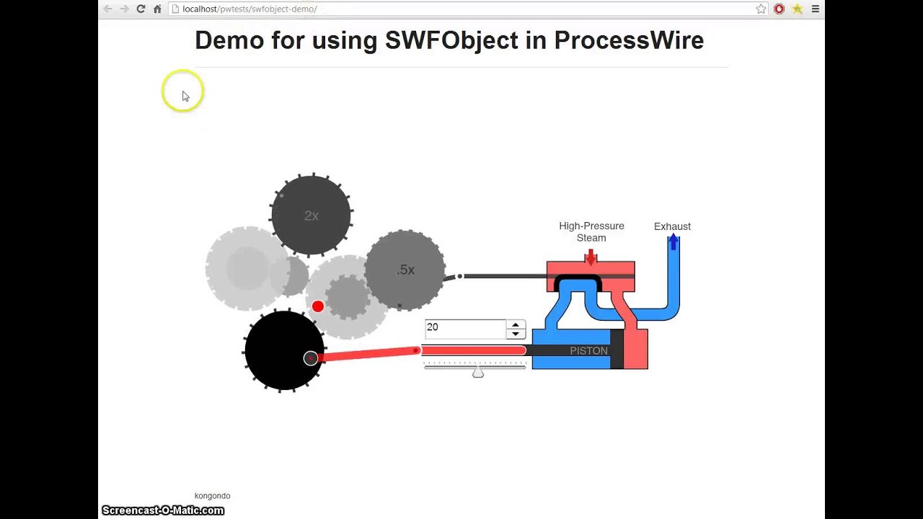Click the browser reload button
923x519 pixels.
(141, 9)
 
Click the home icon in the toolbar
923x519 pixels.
(157, 9)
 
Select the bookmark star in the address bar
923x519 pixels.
(761, 9)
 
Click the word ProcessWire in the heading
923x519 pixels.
(628, 40)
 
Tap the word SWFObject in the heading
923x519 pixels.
(451, 40)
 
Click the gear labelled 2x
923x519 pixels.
(311, 215)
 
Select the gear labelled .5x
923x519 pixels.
(405, 270)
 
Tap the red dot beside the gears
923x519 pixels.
(317, 306)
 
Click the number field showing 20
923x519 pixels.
(465, 328)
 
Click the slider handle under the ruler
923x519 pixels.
(477, 373)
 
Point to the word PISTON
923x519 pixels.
(588, 351)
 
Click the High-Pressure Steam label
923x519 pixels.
(591, 231)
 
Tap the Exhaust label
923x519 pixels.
(672, 226)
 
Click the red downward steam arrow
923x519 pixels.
(591, 257)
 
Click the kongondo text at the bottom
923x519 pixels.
(212, 496)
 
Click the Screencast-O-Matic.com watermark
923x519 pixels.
(163, 510)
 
